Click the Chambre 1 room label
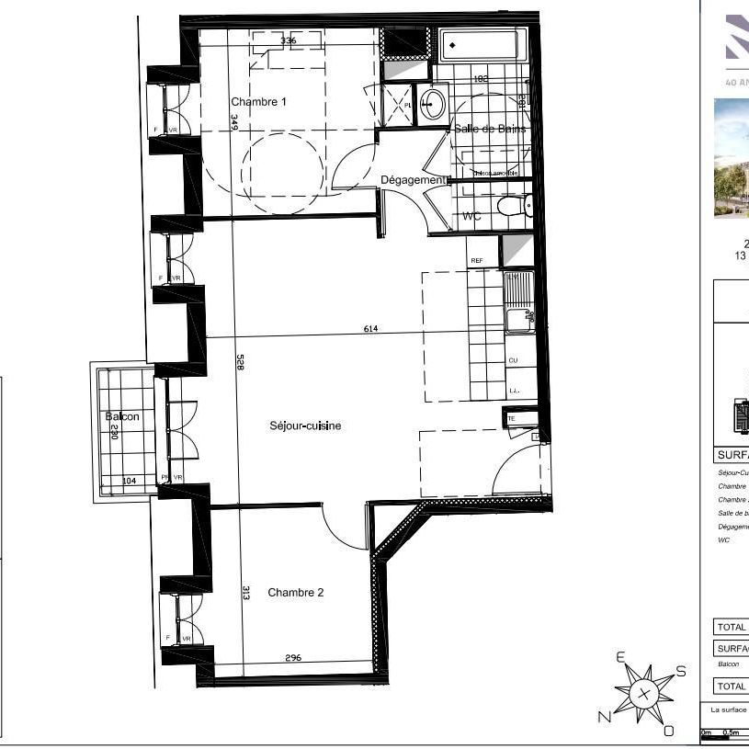pos(258,102)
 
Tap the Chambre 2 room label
pos(295,593)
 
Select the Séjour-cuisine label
pos(305,426)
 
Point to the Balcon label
pos(122,416)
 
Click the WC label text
pos(471,217)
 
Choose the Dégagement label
pos(413,180)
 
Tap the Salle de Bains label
pos(490,130)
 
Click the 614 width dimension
pos(370,328)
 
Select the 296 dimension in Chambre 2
pos(292,658)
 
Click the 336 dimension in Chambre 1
pos(288,40)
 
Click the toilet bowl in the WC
pos(509,206)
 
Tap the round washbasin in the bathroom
pos(432,102)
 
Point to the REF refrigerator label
pos(476,261)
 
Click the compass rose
pos(643,692)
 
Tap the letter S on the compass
pos(681,671)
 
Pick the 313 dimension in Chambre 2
pos(246,593)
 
